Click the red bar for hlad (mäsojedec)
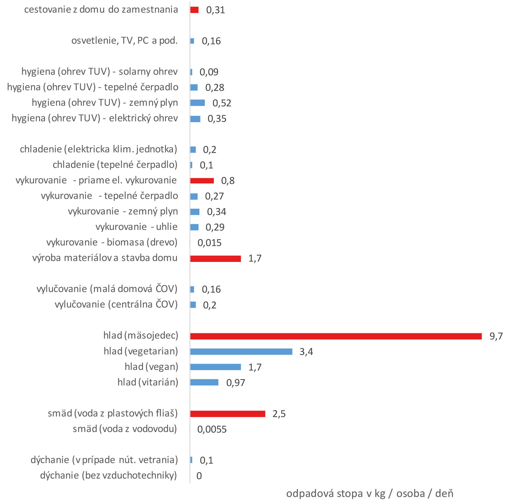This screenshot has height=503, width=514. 336,336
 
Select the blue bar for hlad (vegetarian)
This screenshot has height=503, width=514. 241,352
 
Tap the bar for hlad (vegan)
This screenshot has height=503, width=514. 215,367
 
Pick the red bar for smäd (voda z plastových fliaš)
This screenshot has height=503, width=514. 228,414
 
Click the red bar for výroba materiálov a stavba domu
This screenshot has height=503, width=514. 215,259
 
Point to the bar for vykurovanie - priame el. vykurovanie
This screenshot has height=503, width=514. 202,181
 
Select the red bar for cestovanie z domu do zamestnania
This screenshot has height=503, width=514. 194,10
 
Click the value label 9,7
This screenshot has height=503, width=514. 496,336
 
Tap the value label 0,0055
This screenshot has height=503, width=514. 212,429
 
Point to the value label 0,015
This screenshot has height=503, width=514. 209,243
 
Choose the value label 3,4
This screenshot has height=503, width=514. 306,352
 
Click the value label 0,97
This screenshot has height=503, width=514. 236,383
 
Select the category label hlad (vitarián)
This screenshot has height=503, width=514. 148,382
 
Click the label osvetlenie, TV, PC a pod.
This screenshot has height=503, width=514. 125,41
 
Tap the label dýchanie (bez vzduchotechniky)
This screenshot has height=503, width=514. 108,475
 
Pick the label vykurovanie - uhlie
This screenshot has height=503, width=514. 137,227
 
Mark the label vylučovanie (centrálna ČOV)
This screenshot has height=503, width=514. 116,304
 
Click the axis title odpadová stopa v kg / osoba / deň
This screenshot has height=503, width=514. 370,494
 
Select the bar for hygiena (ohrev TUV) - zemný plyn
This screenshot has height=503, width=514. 197,103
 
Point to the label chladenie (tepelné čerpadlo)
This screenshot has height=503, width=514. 115,165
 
